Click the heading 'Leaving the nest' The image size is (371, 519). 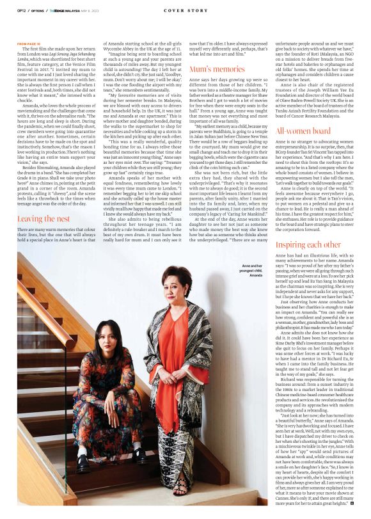point(43,218)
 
